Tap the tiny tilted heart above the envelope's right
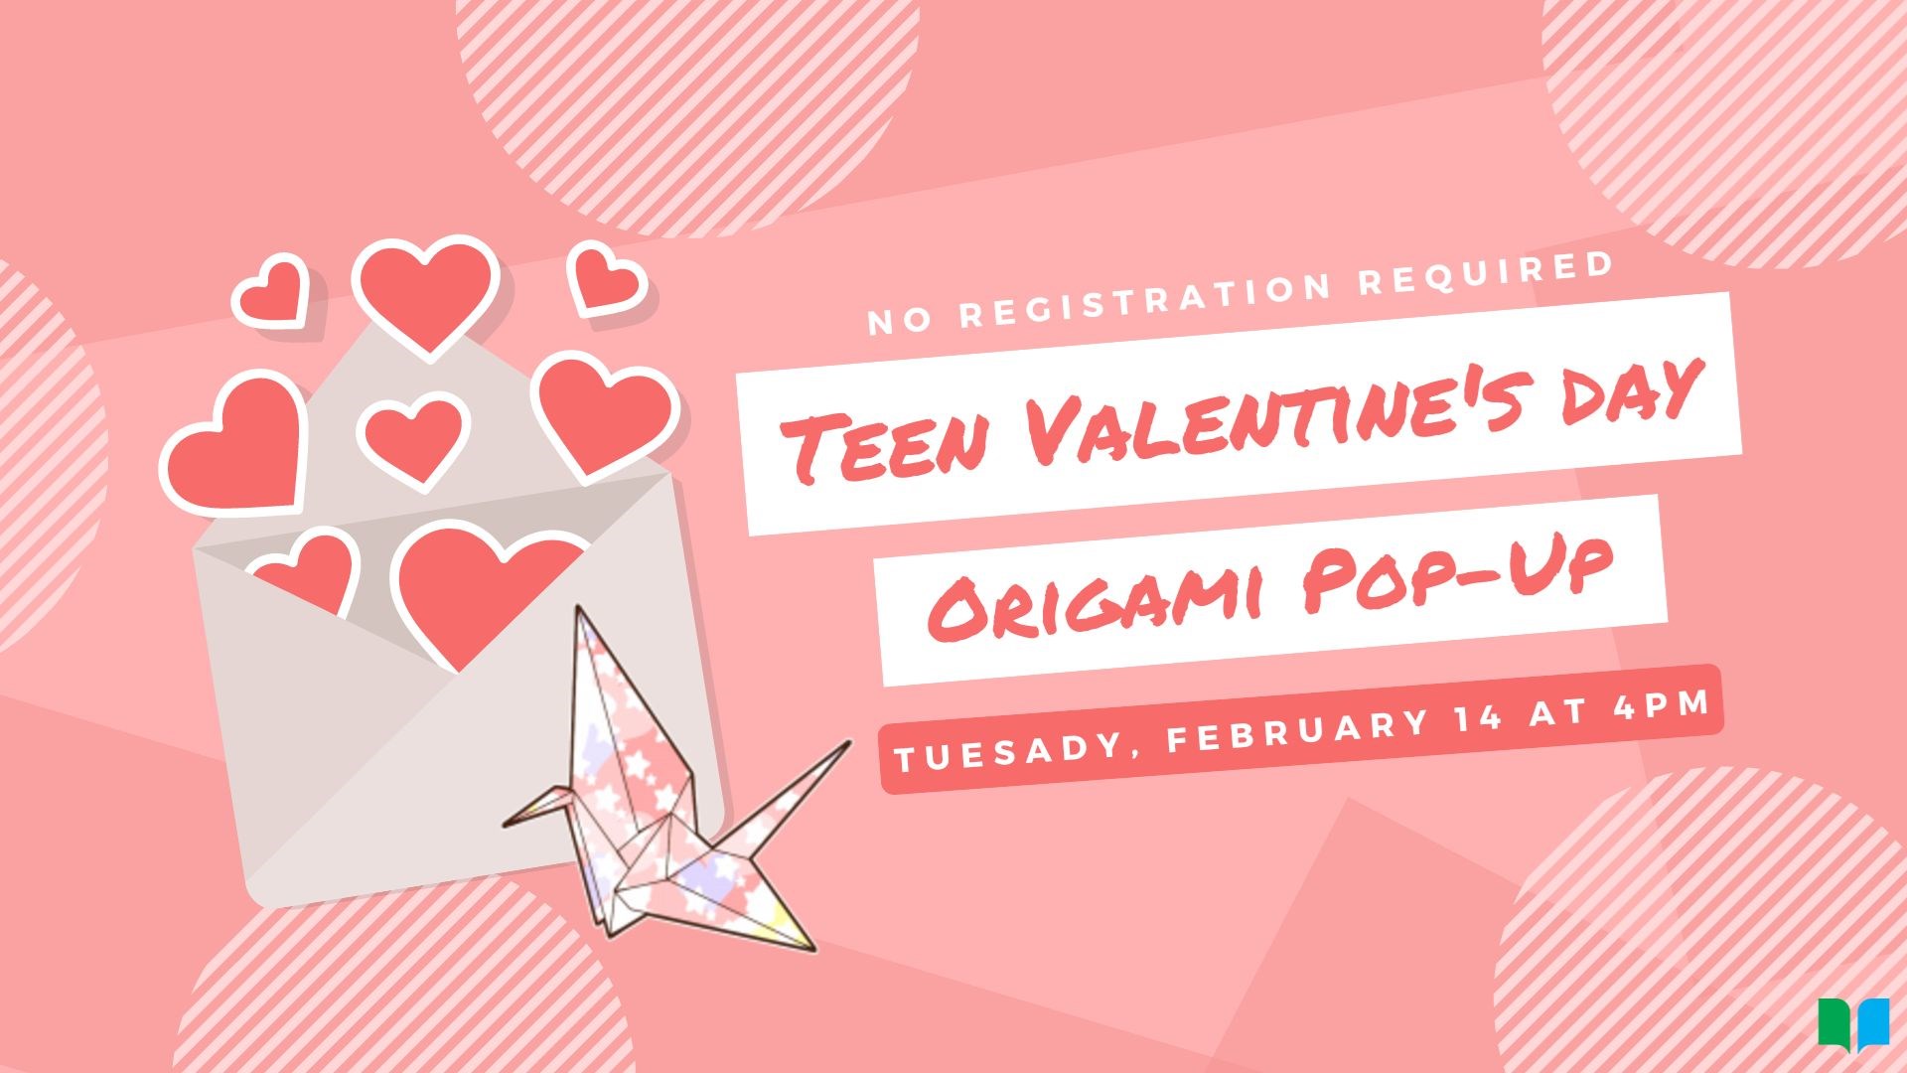(604, 279)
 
